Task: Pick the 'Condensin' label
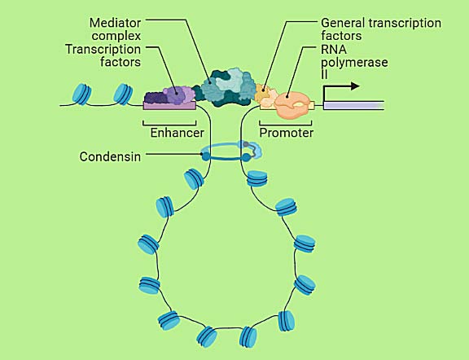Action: coord(110,156)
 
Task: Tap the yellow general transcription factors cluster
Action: coord(264,94)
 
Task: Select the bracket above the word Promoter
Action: coord(286,121)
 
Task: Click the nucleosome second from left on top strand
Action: coord(125,93)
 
